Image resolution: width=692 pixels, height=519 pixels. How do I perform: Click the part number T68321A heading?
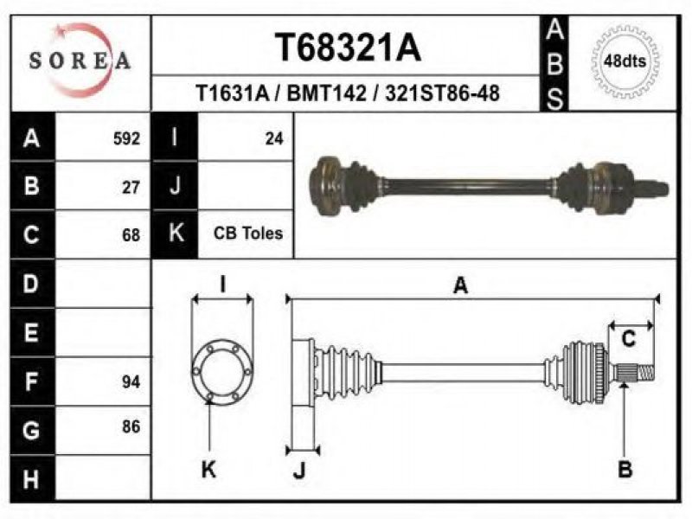(348, 48)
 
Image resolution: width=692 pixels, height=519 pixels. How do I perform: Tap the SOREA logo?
(80, 61)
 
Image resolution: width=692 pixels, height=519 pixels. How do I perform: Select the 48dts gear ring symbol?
(625, 61)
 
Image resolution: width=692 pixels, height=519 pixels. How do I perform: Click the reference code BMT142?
(326, 93)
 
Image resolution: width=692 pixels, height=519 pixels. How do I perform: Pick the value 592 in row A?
(126, 138)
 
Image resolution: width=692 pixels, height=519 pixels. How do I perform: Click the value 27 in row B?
(131, 188)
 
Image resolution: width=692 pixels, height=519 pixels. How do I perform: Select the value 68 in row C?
(131, 235)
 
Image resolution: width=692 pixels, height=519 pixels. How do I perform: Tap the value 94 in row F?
(131, 381)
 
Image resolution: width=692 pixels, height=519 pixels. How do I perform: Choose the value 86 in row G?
(131, 426)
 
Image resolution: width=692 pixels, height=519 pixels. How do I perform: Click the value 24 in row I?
(274, 138)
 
